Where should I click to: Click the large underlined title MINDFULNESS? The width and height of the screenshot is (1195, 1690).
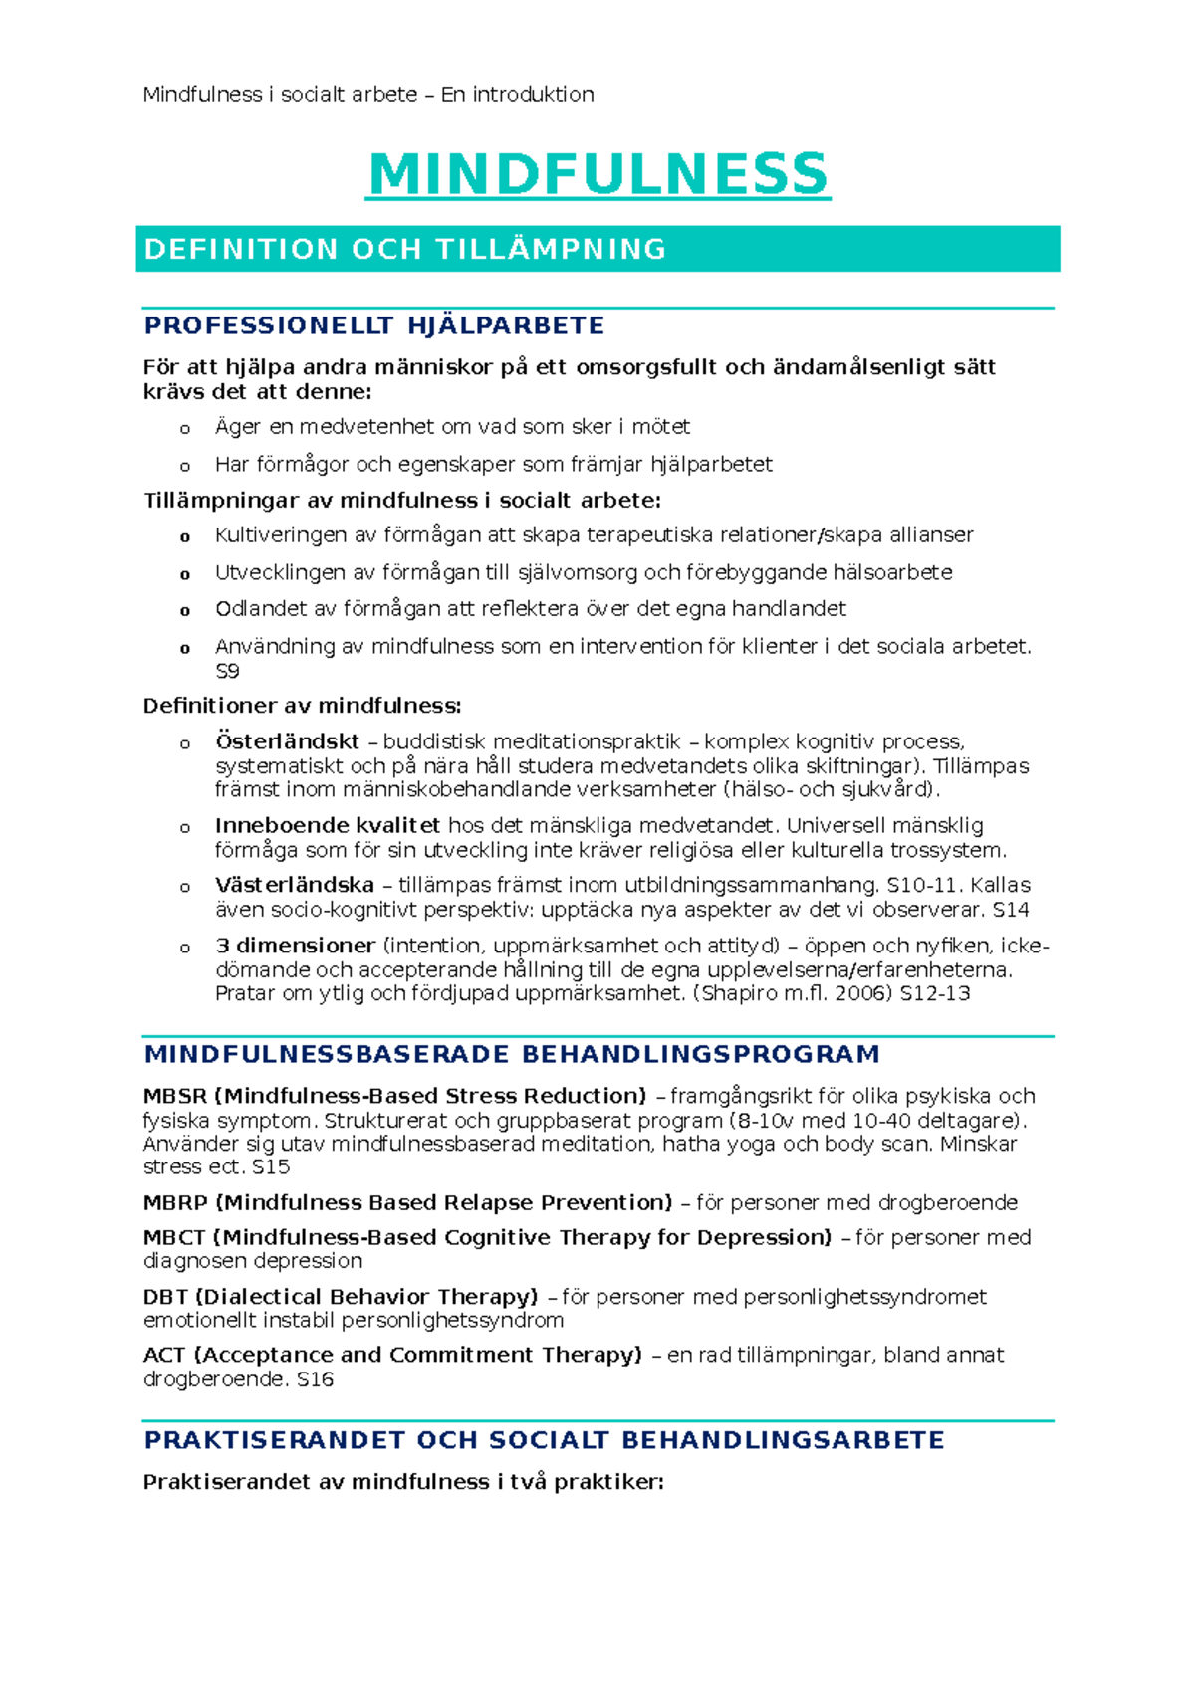coord(597,174)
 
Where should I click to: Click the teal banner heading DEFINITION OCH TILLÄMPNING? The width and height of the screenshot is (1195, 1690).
coord(405,249)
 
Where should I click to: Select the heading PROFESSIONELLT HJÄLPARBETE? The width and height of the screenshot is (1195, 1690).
coord(374,326)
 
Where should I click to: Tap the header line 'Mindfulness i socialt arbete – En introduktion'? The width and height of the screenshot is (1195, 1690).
coord(368,95)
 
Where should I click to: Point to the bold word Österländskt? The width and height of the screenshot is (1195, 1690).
coord(287,741)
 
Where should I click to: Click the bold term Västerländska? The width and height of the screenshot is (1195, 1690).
coord(295,885)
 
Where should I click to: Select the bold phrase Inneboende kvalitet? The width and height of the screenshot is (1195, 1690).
coord(328,825)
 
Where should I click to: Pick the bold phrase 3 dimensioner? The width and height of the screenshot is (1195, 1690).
coord(296,946)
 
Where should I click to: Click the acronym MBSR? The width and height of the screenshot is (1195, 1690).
coord(175,1096)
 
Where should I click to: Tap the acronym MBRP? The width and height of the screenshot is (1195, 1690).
coord(175,1202)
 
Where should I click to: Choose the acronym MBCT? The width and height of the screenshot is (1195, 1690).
coord(174,1237)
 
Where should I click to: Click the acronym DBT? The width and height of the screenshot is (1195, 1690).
coord(165,1297)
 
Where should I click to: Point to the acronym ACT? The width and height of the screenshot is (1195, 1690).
coord(164,1355)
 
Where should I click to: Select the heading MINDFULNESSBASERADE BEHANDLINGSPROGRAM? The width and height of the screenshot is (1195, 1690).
coord(512,1054)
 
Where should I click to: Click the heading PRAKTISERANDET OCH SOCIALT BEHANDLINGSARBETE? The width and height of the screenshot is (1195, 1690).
coord(544,1440)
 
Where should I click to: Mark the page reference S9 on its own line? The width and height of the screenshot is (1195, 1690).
coord(227,671)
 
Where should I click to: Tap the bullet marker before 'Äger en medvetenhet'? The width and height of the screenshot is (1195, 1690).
coord(184,429)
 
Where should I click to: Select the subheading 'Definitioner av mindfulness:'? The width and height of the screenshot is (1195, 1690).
coord(302,706)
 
